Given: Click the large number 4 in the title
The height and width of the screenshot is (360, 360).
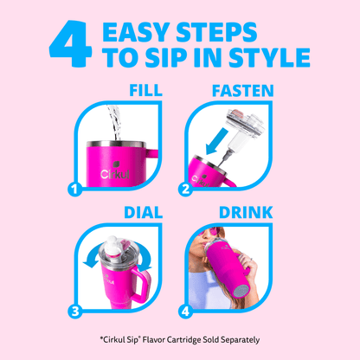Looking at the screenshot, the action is [70, 43].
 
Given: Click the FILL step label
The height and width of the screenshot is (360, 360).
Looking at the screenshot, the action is [145, 90].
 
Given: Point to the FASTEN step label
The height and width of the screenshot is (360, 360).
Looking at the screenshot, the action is [243, 91].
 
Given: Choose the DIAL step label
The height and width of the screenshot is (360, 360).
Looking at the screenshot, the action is [144, 213].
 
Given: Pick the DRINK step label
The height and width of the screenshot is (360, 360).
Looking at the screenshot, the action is [246, 213].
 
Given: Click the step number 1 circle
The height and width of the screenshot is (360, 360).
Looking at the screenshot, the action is [74, 190].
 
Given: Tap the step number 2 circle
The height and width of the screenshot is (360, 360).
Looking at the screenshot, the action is [185, 190].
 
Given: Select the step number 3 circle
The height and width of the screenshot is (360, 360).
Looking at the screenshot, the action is [75, 312].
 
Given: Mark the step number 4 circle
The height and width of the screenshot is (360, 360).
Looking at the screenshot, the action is [185, 312].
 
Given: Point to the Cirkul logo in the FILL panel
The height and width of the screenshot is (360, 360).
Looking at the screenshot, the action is [115, 170].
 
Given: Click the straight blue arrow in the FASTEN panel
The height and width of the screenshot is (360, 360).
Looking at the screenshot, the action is [216, 141].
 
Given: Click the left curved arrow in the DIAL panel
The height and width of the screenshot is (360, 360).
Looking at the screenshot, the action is [92, 256].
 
